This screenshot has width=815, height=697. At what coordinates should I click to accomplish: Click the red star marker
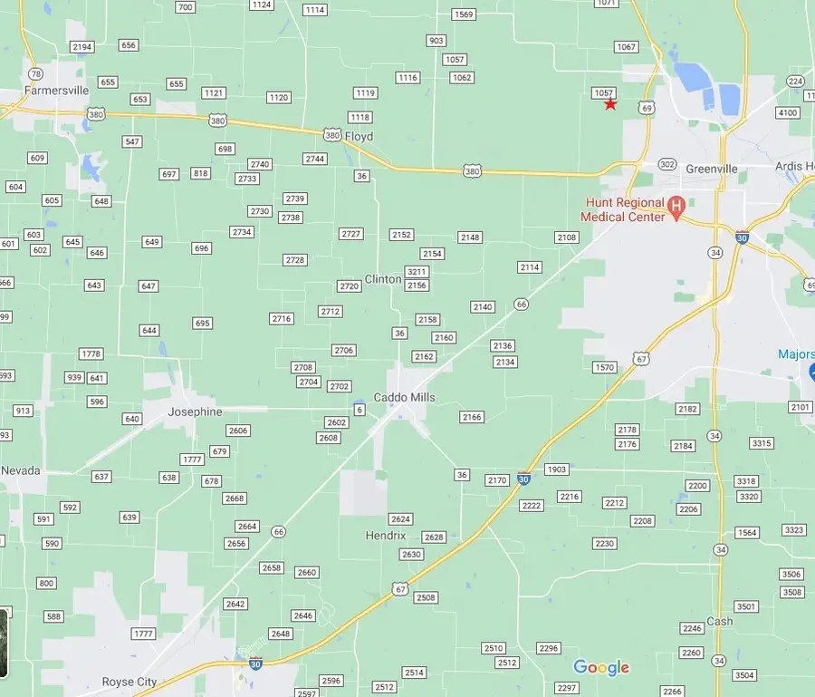[x=610, y=104]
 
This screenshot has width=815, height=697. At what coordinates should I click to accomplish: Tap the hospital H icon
[x=676, y=205]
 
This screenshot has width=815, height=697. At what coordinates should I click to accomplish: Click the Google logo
[x=601, y=668]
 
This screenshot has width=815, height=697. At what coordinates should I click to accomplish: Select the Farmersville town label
[x=57, y=91]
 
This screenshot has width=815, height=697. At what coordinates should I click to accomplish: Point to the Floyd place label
[x=359, y=137]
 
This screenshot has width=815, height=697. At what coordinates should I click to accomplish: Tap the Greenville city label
[x=712, y=169]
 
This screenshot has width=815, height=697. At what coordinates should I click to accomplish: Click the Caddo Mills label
[x=405, y=397]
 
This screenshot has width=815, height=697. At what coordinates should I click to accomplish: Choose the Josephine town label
[x=195, y=411]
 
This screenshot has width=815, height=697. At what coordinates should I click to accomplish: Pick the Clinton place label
[x=383, y=279]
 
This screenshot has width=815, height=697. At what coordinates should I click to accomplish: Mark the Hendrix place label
[x=386, y=536]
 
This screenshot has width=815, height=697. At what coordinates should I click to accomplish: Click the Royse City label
[x=129, y=682]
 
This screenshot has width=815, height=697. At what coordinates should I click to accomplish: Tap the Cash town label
[x=720, y=621]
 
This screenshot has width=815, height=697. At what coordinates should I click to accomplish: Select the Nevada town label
[x=21, y=470]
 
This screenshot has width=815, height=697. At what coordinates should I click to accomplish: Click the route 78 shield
[x=35, y=74]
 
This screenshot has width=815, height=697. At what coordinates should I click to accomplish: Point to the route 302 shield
[x=667, y=164]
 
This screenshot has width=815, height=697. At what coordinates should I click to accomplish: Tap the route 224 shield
[x=795, y=82]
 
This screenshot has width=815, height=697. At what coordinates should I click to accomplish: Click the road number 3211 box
[x=417, y=272]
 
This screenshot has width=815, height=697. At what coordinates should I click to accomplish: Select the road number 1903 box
[x=557, y=469]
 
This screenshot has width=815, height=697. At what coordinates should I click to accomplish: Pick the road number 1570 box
[x=604, y=367]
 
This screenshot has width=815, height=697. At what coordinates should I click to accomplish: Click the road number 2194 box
[x=82, y=47]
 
